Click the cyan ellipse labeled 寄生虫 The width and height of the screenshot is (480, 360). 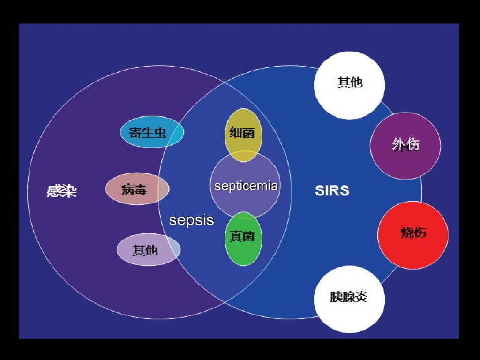click(x=152, y=132)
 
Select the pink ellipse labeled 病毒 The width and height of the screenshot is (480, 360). click(x=137, y=189)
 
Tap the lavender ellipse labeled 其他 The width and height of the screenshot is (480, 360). click(x=148, y=250)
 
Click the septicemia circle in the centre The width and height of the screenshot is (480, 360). click(x=245, y=185)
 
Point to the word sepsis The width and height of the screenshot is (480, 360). click(x=191, y=220)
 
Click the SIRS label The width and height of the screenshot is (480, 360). click(x=332, y=191)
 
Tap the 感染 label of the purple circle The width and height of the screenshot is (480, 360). click(x=61, y=191)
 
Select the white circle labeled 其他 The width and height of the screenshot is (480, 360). click(x=349, y=85)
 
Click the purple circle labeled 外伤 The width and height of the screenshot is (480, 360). click(x=405, y=145)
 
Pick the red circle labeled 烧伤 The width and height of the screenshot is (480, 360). click(x=413, y=235)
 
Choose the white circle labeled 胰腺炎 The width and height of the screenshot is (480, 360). click(x=349, y=299)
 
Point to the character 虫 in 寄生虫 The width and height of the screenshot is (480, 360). click(x=160, y=133)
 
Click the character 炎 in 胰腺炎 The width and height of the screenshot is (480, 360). click(x=361, y=297)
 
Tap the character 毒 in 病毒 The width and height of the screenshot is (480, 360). click(x=141, y=189)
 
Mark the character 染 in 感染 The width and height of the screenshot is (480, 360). click(x=69, y=191)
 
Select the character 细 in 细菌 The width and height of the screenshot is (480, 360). click(x=236, y=133)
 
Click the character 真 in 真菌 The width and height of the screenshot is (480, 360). click(x=236, y=236)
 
